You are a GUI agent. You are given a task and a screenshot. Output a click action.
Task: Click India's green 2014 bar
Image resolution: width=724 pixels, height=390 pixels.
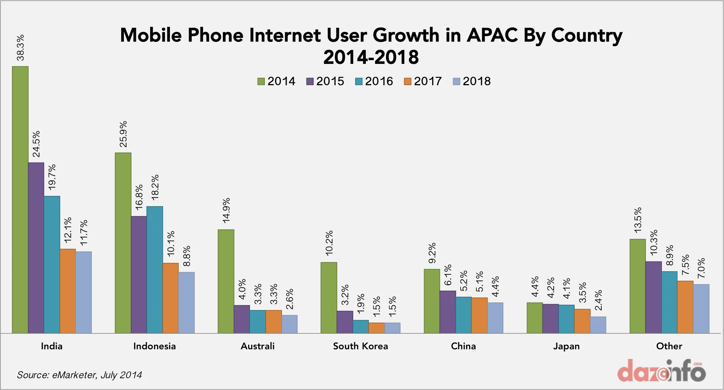[x=20, y=200]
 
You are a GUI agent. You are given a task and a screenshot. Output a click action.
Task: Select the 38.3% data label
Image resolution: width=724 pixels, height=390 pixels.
[x=20, y=48]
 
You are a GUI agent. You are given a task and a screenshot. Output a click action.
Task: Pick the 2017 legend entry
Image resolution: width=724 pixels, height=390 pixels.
[x=423, y=81]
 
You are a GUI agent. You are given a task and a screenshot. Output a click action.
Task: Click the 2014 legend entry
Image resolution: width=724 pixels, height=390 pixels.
[x=277, y=81]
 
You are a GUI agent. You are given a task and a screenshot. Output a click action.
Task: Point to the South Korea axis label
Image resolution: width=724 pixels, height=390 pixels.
[x=360, y=346]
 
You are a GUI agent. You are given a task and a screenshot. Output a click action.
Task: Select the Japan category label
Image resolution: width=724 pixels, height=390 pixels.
[x=566, y=346]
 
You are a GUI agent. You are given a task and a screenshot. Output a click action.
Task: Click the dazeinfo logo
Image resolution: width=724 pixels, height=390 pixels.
[x=662, y=371]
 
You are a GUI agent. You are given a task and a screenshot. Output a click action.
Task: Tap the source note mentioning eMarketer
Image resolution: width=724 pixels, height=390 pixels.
[x=79, y=375]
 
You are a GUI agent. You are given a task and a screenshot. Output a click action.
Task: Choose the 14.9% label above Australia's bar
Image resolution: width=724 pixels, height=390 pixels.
[x=226, y=210]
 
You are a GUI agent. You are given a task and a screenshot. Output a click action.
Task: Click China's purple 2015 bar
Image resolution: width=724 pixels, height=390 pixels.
[x=448, y=312]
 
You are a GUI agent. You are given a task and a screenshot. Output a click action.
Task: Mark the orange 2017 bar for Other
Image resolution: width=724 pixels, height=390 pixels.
[x=685, y=307]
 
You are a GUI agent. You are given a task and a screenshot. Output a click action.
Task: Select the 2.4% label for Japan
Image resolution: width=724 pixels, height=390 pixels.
[x=599, y=300]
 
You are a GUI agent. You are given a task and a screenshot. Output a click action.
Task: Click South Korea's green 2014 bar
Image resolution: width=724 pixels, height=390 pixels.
[x=329, y=298]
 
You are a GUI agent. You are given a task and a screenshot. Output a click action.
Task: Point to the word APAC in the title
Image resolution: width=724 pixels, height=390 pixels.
[x=492, y=35]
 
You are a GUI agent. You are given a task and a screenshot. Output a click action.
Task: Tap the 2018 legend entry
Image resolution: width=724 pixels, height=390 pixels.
[x=472, y=81]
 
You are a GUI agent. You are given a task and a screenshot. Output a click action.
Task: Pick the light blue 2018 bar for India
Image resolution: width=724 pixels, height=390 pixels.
[x=84, y=292]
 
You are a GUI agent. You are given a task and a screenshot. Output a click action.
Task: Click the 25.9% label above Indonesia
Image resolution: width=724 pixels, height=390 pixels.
[x=123, y=134]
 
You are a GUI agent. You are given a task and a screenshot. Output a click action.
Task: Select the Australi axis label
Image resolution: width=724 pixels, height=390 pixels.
[x=258, y=346]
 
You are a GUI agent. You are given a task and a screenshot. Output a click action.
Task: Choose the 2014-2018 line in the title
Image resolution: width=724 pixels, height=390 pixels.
[x=371, y=58]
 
